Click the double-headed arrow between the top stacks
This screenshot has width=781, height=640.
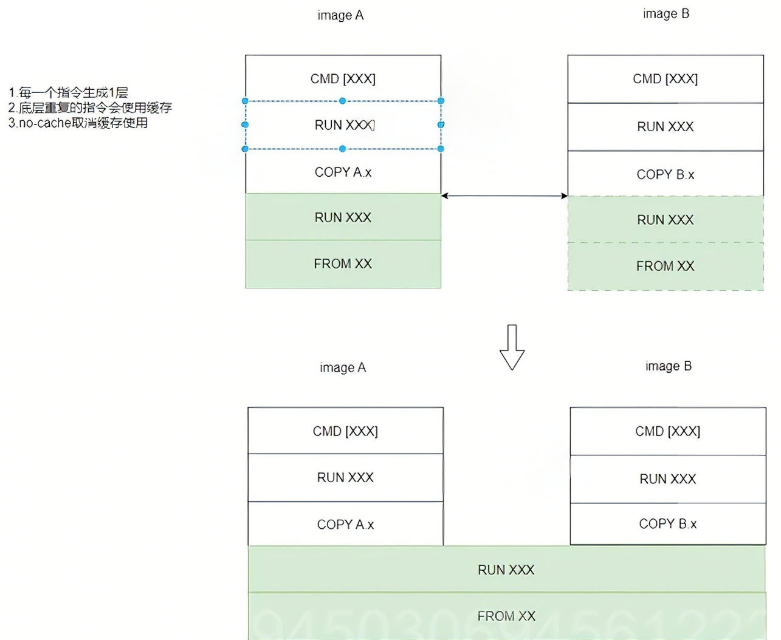coord(504,196)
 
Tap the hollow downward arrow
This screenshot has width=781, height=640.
coord(512,348)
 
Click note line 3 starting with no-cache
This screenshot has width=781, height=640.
coord(78,123)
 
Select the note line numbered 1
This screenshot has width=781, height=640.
coord(68,92)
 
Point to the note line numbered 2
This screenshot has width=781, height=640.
coord(90,107)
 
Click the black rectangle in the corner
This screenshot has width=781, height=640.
coord(73,35)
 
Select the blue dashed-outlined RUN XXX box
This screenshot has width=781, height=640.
coord(343,125)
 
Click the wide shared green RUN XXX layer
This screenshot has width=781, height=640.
coord(506,570)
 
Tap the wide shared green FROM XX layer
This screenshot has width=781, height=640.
coord(506,616)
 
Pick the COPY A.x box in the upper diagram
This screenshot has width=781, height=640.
coord(343,172)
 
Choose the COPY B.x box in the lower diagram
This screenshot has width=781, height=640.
coord(667,523)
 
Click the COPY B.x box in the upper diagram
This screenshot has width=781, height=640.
coord(666,174)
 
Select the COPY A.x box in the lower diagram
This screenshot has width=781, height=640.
coord(345,524)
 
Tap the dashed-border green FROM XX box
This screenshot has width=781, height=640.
coord(666,266)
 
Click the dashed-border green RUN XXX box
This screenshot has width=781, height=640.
coord(666,220)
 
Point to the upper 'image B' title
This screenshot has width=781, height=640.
coord(666,14)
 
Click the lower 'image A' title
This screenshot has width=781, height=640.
coord(343,367)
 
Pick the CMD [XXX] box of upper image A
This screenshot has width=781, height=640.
coord(343,79)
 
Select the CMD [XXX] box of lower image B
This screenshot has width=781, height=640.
coord(667,431)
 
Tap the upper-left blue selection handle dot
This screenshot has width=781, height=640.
coord(246,101)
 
